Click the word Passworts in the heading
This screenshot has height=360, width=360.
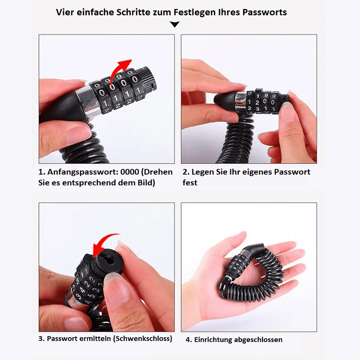265,13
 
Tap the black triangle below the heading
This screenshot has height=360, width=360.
175,24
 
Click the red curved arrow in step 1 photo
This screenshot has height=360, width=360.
119,71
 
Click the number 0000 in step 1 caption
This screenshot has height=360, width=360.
130,172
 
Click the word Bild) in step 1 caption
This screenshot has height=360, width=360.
146,183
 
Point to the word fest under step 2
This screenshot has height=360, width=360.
190,183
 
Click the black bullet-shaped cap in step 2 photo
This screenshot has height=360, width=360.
224,99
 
